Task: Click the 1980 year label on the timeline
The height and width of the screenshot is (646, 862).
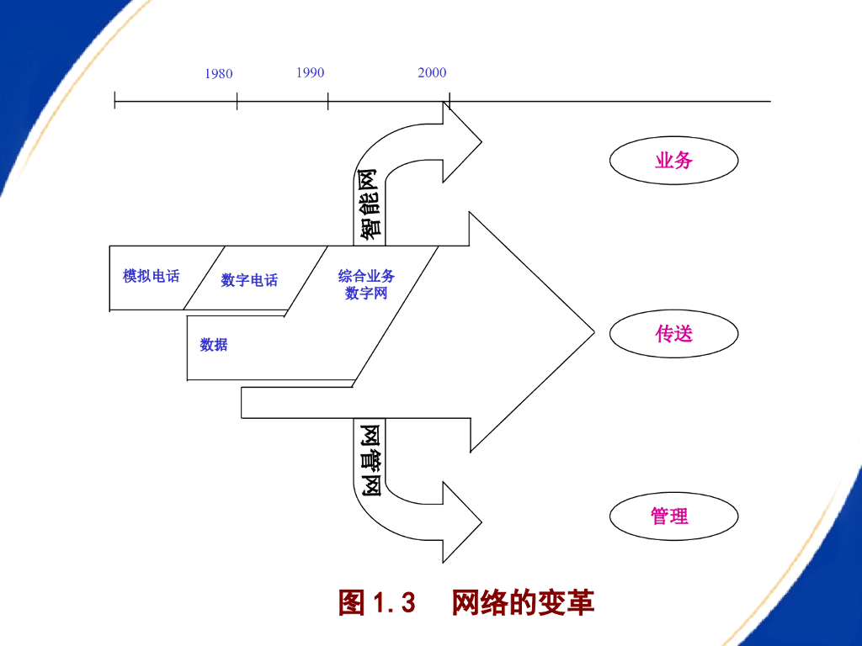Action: [218, 74]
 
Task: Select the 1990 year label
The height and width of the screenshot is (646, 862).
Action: [310, 72]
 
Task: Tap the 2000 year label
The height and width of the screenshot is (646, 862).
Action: [432, 72]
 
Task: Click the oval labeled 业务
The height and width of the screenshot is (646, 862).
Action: [673, 160]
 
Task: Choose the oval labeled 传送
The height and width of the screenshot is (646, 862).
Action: [673, 334]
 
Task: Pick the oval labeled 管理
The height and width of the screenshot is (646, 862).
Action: [673, 516]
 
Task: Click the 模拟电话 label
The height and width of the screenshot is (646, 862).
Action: [151, 276]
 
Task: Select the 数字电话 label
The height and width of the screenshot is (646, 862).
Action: [249, 280]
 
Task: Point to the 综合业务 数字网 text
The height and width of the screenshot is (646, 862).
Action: [367, 284]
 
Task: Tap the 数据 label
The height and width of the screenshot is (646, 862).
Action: [214, 344]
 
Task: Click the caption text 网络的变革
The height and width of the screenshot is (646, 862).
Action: [523, 602]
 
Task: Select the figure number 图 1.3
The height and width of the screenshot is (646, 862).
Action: [377, 602]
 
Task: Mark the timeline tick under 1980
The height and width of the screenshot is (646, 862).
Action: [237, 101]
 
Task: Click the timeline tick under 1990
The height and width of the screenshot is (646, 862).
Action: [328, 101]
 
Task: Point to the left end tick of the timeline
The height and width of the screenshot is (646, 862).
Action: [115, 101]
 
